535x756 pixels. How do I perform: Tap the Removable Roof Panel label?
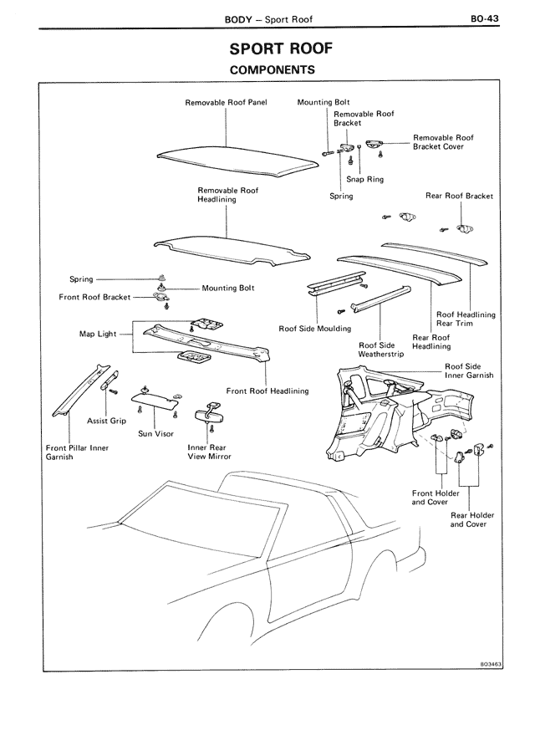[x=225, y=103]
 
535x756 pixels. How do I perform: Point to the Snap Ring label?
[x=359, y=178]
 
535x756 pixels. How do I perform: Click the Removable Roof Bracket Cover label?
[x=443, y=142]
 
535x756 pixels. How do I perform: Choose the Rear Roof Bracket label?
[x=459, y=197]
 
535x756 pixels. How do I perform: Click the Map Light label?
[x=98, y=334]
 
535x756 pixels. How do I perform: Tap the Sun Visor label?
[x=156, y=434]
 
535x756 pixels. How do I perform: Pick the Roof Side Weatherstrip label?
[x=380, y=350]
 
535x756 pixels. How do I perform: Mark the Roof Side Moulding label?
[x=315, y=329]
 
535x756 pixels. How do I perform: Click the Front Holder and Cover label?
[x=436, y=498]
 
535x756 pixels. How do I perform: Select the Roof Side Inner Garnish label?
[x=468, y=371]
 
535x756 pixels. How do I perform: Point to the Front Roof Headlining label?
[x=267, y=391]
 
